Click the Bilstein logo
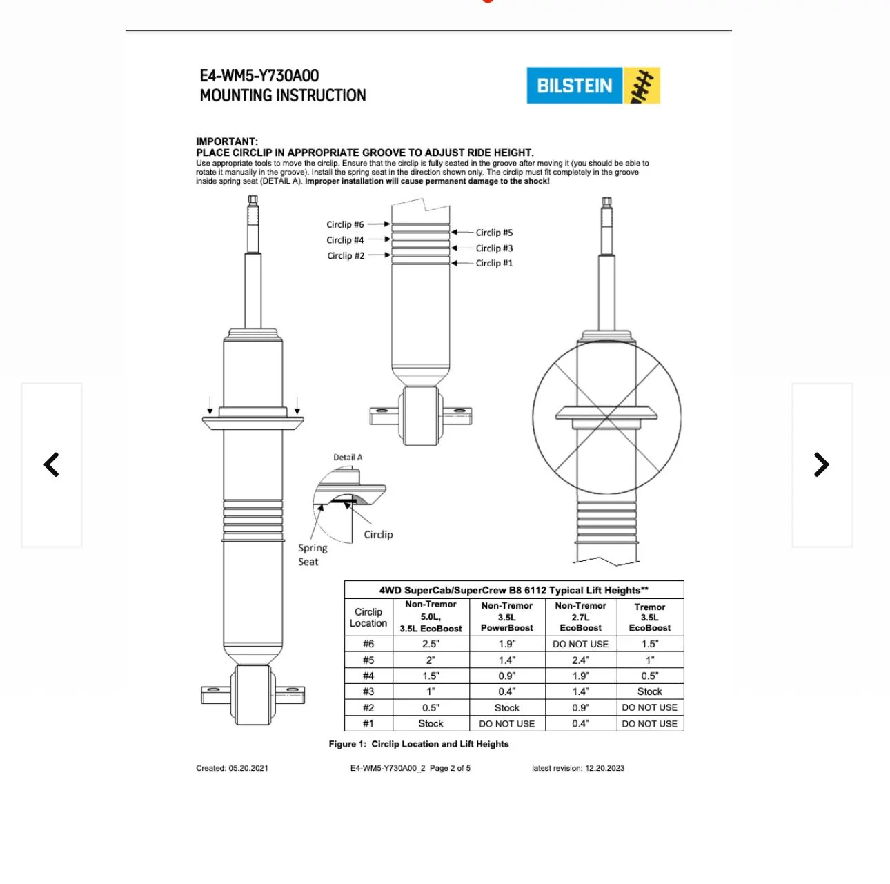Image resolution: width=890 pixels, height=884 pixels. (x=593, y=86)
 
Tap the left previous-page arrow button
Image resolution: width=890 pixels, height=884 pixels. (x=52, y=464)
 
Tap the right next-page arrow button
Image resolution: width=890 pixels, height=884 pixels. (x=821, y=464)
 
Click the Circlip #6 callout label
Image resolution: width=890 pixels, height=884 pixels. (x=345, y=224)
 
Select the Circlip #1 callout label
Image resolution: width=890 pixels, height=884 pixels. (x=494, y=263)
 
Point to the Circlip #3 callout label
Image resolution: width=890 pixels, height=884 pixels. (x=494, y=248)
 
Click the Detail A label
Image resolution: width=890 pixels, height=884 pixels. (x=348, y=458)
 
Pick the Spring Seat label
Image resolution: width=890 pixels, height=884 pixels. (x=312, y=555)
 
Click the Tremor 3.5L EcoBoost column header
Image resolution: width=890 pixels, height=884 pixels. (x=649, y=617)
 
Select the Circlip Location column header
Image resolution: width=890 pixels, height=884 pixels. (x=368, y=617)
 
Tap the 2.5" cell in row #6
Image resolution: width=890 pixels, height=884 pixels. (x=431, y=644)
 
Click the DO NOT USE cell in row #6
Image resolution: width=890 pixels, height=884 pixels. (x=580, y=644)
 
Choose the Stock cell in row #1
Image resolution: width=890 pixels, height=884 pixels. (x=431, y=723)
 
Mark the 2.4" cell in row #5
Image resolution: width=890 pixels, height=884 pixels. (x=580, y=660)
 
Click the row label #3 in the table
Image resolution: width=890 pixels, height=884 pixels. (x=368, y=691)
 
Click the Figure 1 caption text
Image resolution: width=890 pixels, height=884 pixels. (x=418, y=744)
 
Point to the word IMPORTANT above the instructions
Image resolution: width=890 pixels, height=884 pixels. (x=227, y=141)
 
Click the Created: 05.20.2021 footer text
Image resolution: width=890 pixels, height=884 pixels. (x=232, y=768)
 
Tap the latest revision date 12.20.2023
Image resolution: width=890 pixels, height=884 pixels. (x=604, y=768)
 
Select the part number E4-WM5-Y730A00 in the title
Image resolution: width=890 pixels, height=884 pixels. (x=259, y=76)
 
